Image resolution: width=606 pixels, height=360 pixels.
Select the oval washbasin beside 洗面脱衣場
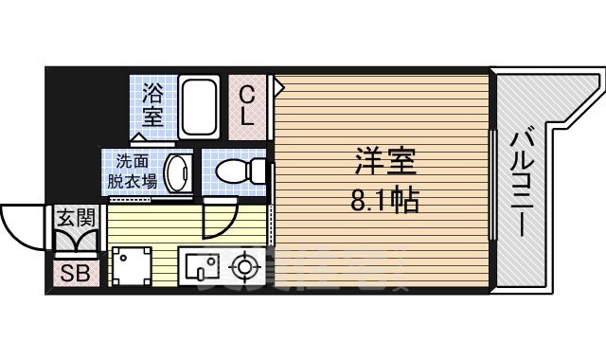click(x=177, y=172)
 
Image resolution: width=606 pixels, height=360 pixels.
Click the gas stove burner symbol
click(x=245, y=266)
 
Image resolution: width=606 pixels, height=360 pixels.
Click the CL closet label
click(x=246, y=106)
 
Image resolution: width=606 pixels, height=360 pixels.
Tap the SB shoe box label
click(x=72, y=276)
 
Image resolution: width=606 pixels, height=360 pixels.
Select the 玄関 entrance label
click(x=72, y=218)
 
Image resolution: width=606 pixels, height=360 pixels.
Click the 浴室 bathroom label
click(x=152, y=105)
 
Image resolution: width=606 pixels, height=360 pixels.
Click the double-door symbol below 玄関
click(x=72, y=243)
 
